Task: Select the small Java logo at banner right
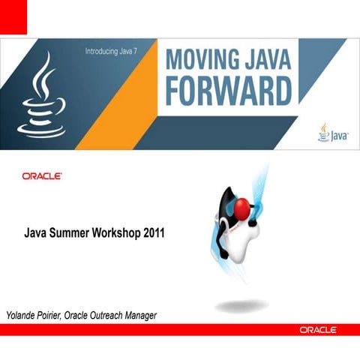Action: point(328,133)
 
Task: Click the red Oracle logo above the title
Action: point(42,176)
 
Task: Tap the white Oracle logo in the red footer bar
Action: point(318,330)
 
